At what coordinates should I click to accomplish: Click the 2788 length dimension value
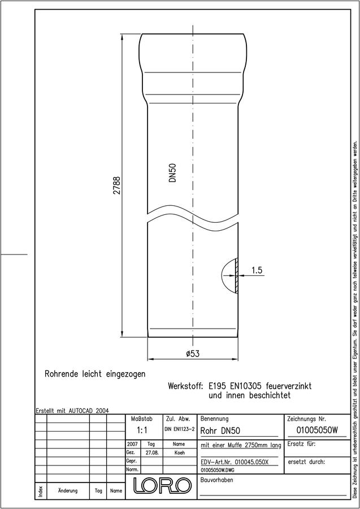(117, 185)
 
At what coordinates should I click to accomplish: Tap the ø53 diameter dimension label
(193, 353)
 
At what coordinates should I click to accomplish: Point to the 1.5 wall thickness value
(257, 270)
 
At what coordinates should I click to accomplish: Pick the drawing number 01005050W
(317, 430)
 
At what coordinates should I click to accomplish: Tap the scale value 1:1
(142, 431)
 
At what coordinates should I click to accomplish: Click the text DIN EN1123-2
(179, 429)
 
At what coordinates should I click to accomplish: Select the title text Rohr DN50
(220, 431)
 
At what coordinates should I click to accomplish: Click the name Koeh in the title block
(179, 453)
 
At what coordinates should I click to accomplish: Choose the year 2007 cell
(132, 444)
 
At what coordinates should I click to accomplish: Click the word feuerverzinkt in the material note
(289, 386)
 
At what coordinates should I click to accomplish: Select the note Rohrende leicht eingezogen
(95, 374)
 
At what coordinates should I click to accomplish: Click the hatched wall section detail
(237, 276)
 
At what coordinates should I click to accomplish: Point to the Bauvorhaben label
(216, 480)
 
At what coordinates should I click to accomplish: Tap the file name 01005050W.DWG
(218, 470)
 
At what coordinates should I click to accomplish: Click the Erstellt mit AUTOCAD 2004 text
(72, 411)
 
